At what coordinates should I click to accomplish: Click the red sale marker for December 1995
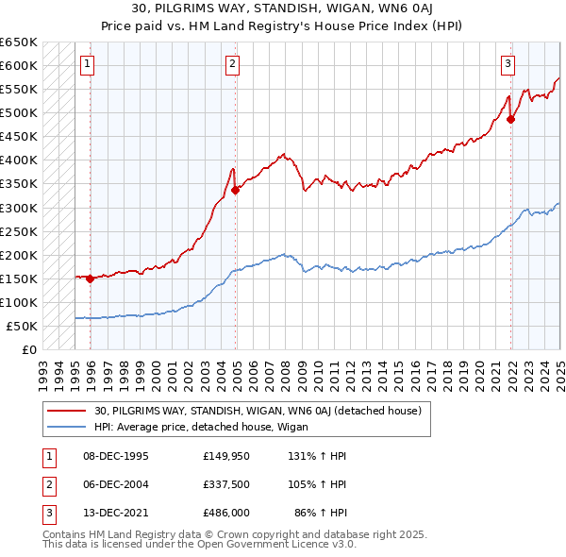pyautogui.click(x=90, y=278)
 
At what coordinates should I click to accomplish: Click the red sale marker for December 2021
pyautogui.click(x=510, y=120)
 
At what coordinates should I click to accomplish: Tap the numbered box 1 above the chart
pyautogui.click(x=87, y=64)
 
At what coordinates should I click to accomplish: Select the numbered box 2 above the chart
pyautogui.click(x=232, y=64)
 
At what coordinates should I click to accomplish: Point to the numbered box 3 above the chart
pyautogui.click(x=508, y=64)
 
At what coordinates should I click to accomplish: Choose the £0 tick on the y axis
pyautogui.click(x=28, y=349)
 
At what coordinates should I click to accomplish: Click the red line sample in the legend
pyautogui.click(x=66, y=410)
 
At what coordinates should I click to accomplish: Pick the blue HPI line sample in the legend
pyautogui.click(x=66, y=427)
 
